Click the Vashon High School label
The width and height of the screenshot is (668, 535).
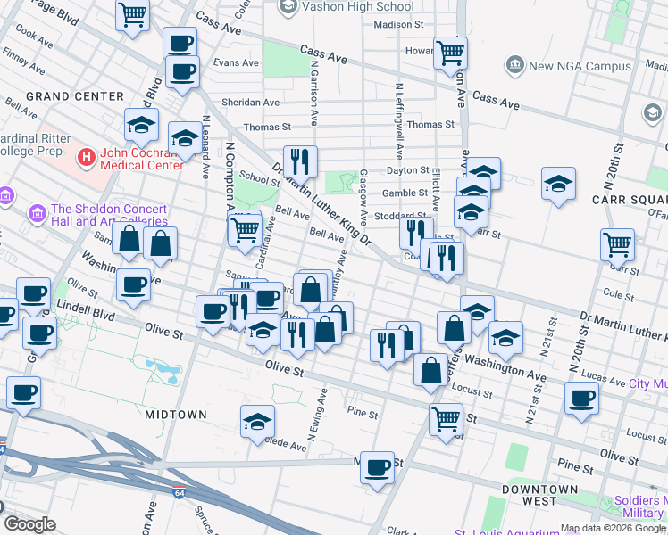357,6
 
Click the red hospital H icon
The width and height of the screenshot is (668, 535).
87,158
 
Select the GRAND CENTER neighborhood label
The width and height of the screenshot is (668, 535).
74,95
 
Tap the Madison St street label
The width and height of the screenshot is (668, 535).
398,25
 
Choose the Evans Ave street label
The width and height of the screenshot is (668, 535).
236,63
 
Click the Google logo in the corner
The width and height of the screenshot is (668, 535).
29,524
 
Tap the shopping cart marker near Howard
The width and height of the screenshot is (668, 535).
450,52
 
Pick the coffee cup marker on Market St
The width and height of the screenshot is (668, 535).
377,466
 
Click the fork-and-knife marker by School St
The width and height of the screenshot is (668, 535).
300,161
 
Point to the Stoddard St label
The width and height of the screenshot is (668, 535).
400,215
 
